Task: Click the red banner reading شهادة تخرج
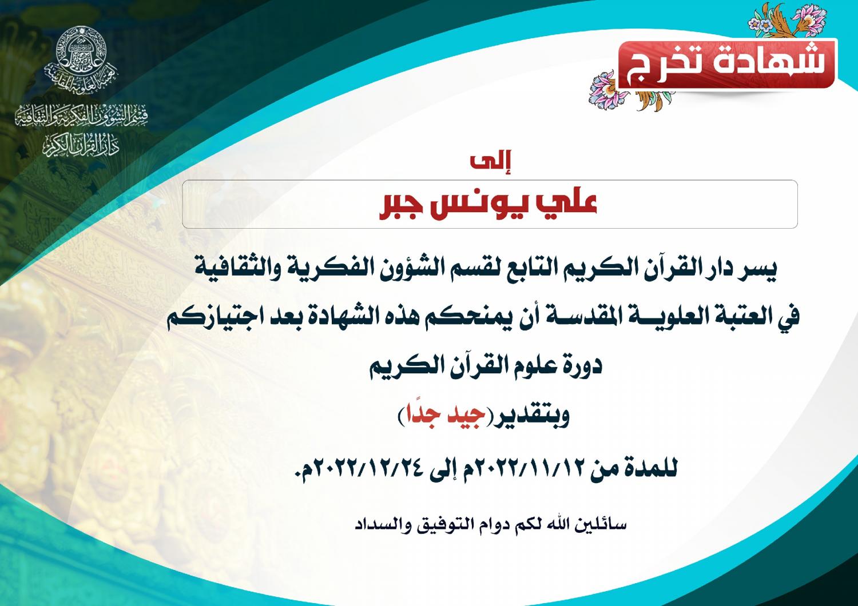(728, 63)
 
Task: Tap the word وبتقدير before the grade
(528, 417)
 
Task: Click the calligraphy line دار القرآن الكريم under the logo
(81, 145)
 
